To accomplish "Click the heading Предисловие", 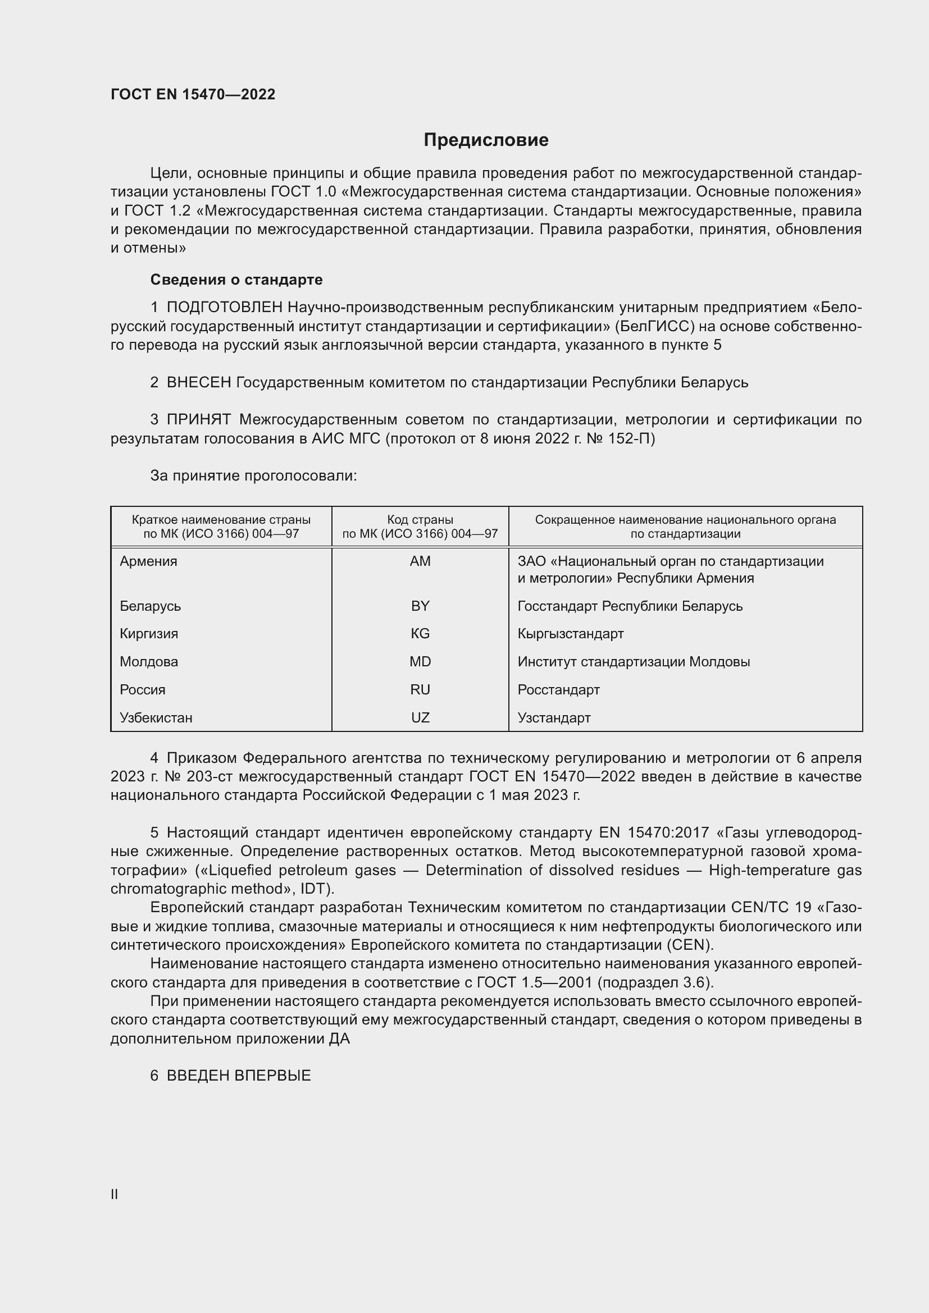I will coord(486,140).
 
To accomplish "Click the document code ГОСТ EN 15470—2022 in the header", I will coord(193,94).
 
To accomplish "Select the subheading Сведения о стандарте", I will coord(236,280).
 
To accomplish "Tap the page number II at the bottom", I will coord(115,1194).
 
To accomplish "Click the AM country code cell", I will coord(420,561).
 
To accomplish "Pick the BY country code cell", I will coord(420,606).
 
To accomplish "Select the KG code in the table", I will coord(420,634).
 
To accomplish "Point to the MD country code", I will coord(420,662).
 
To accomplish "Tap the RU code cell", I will coord(420,690).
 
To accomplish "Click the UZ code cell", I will coord(420,718).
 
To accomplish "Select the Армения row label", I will coord(149,561).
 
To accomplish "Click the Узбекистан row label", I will coord(156,718).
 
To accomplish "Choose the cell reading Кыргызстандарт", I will coord(570,634).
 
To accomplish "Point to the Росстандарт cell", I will coord(558,690).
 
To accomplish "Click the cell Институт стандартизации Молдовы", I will coord(633,662).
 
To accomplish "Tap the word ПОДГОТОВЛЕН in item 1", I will coord(224,308).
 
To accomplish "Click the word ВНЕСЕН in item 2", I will coord(198,383).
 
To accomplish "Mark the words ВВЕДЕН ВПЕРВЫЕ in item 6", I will coord(239,1076).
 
